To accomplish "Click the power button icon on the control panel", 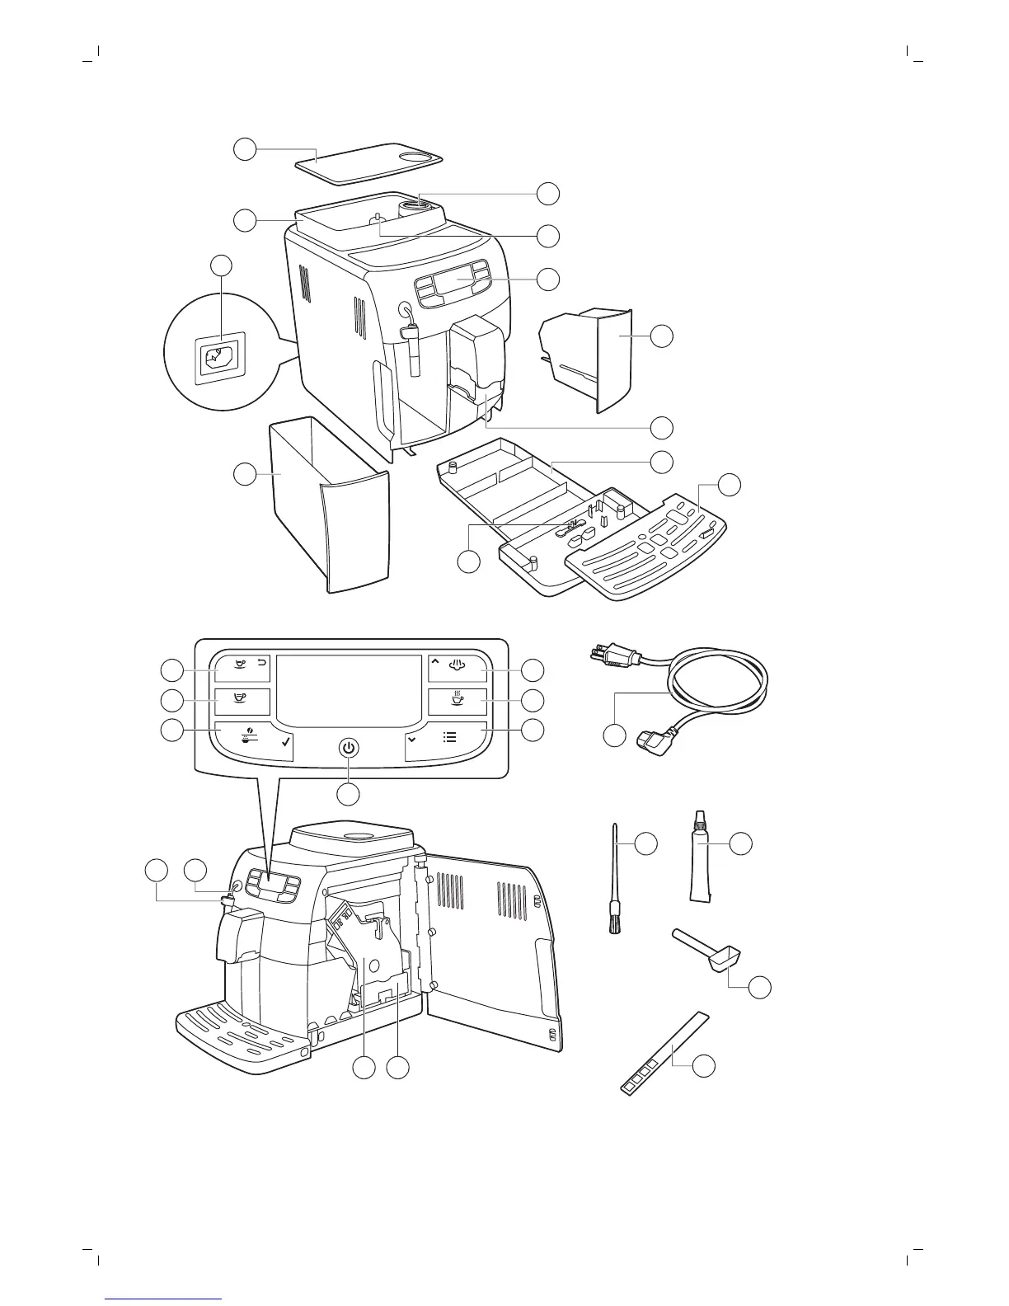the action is (350, 748).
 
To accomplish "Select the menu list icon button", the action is (450, 737).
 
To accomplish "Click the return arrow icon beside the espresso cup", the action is (262, 662).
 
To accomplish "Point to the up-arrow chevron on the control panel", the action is (434, 661).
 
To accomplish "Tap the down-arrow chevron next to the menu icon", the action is (411, 739).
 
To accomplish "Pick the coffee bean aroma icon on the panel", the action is (246, 736).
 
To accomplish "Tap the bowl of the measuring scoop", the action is (725, 960).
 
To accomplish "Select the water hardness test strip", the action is (664, 1054).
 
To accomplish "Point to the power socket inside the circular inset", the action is (217, 358).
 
